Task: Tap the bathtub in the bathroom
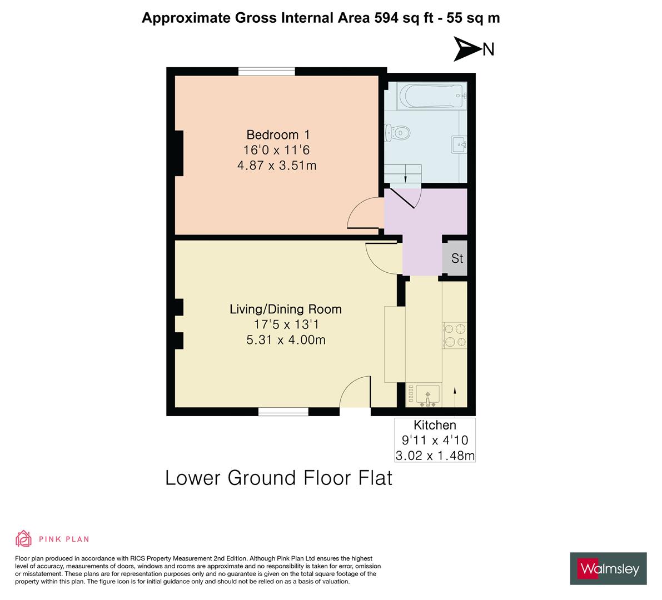coord(431,97)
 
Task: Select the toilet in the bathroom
coord(397,133)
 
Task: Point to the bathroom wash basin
coord(459,144)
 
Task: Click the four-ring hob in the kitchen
coord(454,336)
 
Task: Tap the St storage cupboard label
coord(457,258)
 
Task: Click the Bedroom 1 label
coord(278,134)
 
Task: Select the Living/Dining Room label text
coord(285,309)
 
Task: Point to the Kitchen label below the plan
coord(435,425)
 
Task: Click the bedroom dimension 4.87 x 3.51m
coord(277,166)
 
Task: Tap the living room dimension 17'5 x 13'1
coord(286,324)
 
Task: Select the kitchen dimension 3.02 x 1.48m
coord(435,456)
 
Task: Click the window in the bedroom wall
coord(266,71)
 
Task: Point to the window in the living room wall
coord(283,412)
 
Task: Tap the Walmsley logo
coord(609,568)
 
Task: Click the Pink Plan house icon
coord(24,538)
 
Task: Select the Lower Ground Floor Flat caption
coord(278,478)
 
